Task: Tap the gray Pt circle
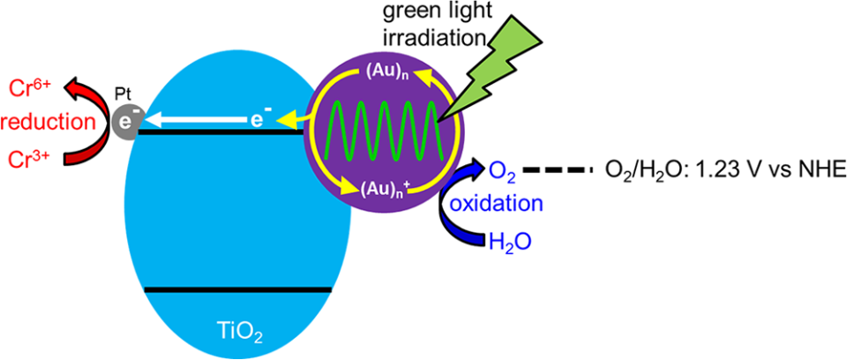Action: pos(125,121)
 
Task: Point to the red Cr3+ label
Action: pos(33,158)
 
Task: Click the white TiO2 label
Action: pos(235,327)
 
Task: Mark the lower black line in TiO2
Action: pos(238,290)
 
